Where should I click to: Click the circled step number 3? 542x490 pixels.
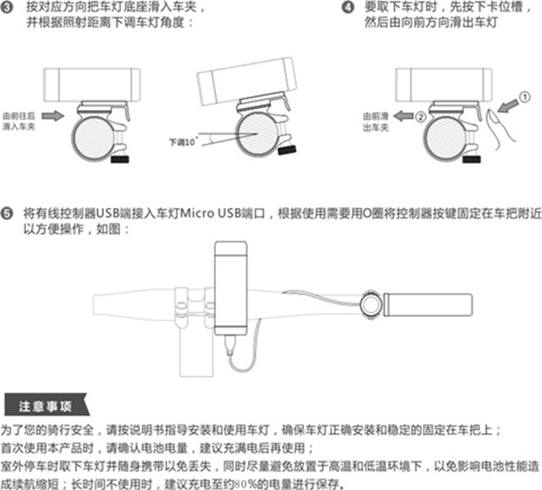[x=9, y=8]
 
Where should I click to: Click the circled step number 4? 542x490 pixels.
[x=346, y=8]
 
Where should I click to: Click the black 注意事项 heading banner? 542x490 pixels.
[x=45, y=406]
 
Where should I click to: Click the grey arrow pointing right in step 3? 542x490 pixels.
[x=52, y=115]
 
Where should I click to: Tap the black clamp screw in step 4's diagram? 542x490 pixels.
[x=476, y=161]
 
